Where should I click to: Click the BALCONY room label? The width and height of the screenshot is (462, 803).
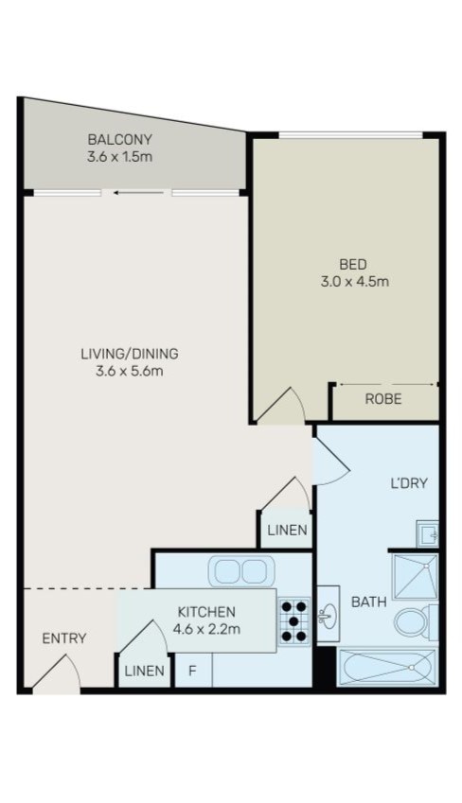[118, 138]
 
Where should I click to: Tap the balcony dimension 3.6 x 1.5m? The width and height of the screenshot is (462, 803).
[118, 155]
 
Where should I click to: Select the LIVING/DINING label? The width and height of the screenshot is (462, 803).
[130, 354]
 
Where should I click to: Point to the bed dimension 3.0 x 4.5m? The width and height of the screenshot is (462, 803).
[352, 281]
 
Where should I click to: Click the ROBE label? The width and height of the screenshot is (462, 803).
[383, 400]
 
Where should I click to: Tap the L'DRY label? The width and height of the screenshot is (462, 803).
[409, 483]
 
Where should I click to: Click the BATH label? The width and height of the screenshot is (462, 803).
[368, 602]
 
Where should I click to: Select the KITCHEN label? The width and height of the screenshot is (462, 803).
[205, 612]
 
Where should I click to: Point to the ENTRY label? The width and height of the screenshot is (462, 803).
[64, 638]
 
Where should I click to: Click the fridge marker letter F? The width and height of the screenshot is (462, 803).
[192, 672]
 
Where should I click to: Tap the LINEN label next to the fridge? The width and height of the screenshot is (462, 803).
[144, 672]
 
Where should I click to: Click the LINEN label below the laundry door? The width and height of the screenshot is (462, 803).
[286, 531]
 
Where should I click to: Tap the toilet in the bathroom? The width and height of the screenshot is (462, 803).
[412, 622]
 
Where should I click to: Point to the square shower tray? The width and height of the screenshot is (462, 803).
[415, 576]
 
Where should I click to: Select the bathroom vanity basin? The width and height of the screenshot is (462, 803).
[327, 616]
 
